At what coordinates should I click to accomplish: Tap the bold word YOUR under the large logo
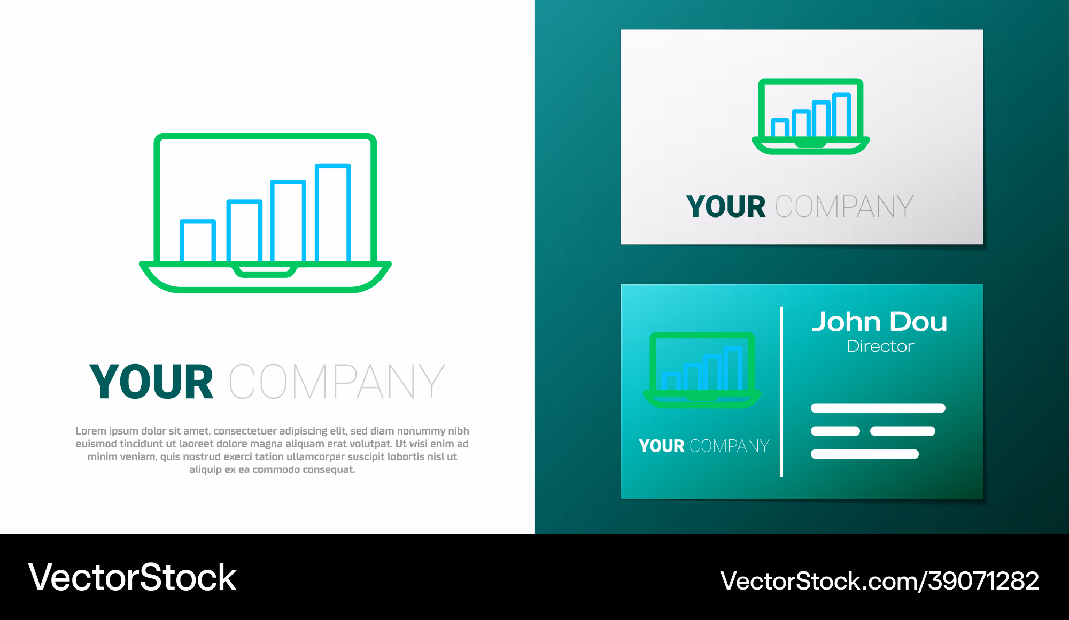[x=152, y=382]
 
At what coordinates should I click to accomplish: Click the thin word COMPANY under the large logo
[x=337, y=382]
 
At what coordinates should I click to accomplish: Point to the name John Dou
[x=880, y=322]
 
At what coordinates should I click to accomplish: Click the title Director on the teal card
[x=880, y=346]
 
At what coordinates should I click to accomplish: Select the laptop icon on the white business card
[x=811, y=117]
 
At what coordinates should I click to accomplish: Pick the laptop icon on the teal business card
[x=702, y=370]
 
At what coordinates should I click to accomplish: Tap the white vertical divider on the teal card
[x=781, y=392]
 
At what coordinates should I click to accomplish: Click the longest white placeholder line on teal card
[x=878, y=408]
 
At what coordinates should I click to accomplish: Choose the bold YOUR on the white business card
[x=726, y=207]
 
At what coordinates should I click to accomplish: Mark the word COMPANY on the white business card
[x=845, y=207]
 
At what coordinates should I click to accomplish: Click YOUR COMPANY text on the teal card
[x=704, y=446]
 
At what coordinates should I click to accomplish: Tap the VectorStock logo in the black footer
[x=132, y=577]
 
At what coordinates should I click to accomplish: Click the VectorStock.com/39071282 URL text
[x=880, y=581]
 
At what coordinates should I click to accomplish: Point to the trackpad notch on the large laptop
[x=265, y=272]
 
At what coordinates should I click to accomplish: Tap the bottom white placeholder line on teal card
[x=865, y=454]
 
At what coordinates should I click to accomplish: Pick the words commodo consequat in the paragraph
[x=304, y=470]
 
